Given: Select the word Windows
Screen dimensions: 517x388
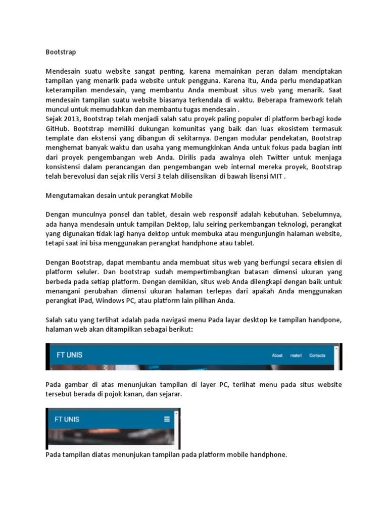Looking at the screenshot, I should tap(108, 300).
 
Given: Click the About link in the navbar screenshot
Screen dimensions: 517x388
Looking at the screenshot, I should tap(277, 355).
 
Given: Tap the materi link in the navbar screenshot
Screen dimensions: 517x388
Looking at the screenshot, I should tap(296, 355).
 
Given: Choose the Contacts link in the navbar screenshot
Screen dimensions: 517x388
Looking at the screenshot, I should tap(317, 355).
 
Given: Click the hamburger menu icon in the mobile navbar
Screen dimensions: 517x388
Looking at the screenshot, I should tap(167, 419).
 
